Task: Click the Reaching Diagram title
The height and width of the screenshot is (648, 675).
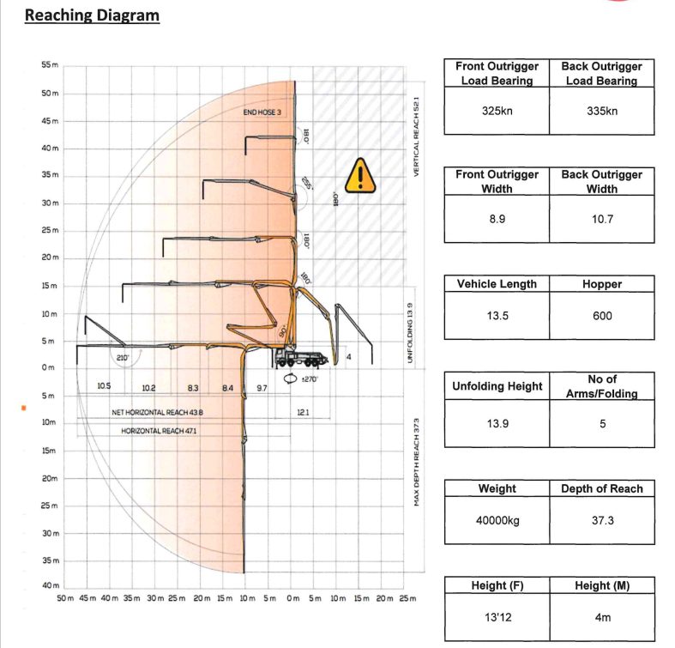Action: tap(92, 15)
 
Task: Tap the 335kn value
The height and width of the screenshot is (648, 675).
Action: tap(602, 111)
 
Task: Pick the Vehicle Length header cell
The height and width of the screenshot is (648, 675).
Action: tap(497, 284)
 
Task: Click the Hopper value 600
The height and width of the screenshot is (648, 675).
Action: tap(602, 316)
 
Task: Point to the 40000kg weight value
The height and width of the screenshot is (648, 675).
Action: tap(497, 520)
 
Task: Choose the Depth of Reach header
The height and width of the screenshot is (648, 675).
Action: tap(602, 488)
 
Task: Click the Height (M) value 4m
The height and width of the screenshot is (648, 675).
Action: tap(602, 617)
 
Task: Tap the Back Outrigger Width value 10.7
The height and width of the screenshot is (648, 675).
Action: tap(602, 219)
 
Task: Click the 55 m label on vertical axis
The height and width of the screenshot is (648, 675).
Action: tap(51, 65)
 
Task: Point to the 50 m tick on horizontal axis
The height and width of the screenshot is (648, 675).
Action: tap(64, 597)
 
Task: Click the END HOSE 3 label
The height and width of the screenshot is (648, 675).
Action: tap(262, 112)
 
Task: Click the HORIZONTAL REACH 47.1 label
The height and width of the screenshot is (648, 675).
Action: tap(159, 431)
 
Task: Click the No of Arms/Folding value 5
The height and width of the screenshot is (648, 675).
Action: tap(602, 423)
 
